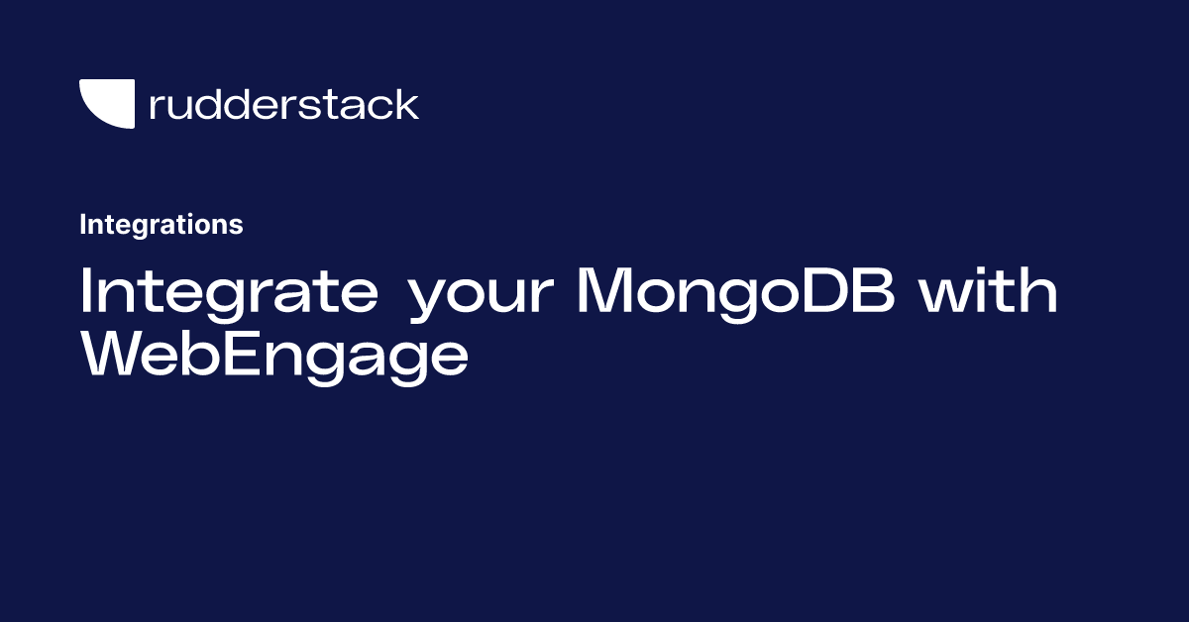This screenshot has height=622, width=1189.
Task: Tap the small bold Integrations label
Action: point(162,225)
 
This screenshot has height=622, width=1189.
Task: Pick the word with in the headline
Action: point(989,290)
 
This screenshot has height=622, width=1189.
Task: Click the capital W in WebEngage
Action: point(118,354)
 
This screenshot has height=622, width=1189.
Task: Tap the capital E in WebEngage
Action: point(243,354)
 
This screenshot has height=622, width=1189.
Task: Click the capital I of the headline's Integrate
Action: point(85,290)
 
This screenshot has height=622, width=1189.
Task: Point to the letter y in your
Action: point(434,301)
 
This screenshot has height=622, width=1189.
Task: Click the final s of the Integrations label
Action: point(237,227)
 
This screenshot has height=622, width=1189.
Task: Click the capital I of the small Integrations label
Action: point(82,224)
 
